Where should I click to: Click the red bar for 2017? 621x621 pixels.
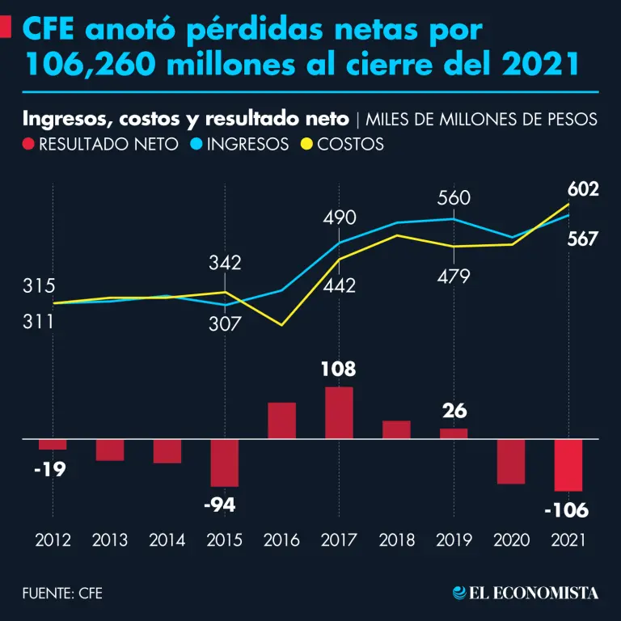(x=339, y=413)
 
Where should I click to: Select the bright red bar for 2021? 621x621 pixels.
(x=568, y=465)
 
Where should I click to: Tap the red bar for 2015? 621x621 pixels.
(x=224, y=463)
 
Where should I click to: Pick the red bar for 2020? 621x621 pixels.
(x=511, y=462)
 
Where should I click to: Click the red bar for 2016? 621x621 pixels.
(x=281, y=420)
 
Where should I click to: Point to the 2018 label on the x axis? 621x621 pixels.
(x=396, y=539)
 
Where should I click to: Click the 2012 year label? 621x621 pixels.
(x=53, y=539)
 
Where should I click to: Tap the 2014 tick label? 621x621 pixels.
(x=167, y=539)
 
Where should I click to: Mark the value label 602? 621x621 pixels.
(x=582, y=190)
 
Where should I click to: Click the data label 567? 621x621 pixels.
(x=582, y=239)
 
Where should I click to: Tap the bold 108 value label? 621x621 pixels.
(x=339, y=370)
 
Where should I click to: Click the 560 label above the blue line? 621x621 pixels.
(x=454, y=198)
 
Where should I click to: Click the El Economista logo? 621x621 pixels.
(x=526, y=593)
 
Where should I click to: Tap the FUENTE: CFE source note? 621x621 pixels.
(x=62, y=594)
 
